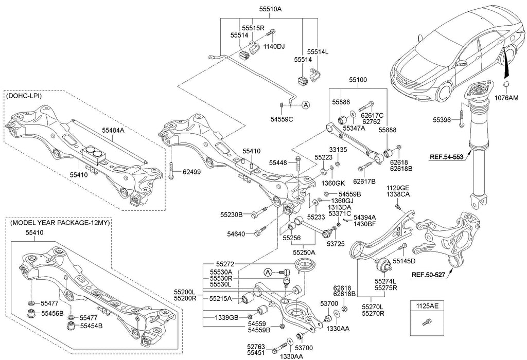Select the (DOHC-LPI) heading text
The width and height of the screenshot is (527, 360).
pos(24,96)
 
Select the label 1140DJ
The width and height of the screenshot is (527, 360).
pos(274,46)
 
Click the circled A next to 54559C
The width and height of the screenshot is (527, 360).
pos(305,105)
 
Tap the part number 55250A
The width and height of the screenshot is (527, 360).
pos(304,253)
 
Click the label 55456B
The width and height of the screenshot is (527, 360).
pos(52,313)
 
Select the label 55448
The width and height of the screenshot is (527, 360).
pos(278,163)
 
